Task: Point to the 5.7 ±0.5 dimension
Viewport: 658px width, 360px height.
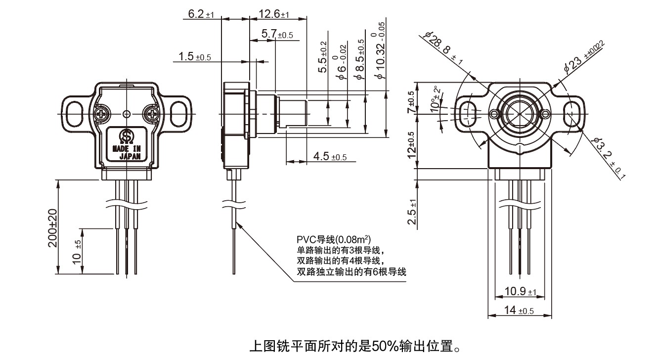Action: pos(277,35)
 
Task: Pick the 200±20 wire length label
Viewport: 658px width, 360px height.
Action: pos(53,227)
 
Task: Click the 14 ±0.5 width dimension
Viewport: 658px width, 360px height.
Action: pos(519,311)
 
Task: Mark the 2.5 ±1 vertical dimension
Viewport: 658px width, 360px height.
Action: pos(412,210)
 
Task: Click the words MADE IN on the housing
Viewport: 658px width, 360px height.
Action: pos(127,148)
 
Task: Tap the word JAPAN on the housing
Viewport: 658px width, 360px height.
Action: pos(130,156)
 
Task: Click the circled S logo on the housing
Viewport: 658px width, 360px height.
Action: pos(127,135)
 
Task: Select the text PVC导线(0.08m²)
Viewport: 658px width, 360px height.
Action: pos(334,240)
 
